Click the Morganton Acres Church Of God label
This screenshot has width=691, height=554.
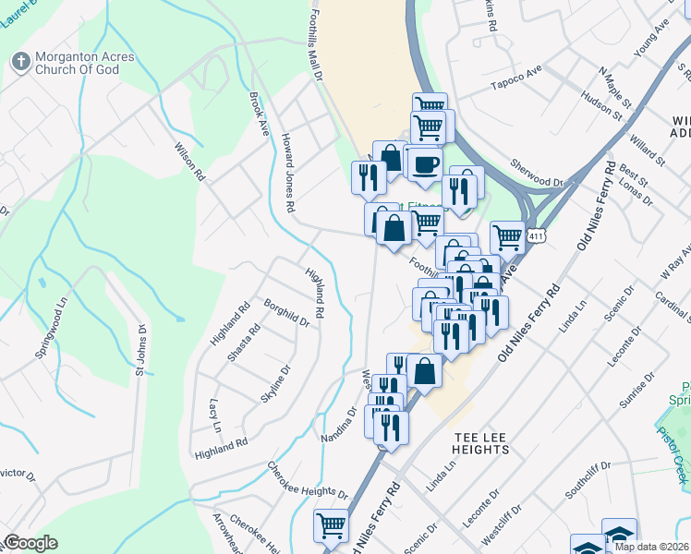(x=84, y=63)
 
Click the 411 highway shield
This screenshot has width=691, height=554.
(x=538, y=236)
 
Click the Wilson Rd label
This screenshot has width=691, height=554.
(x=188, y=161)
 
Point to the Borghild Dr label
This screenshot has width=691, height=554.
(x=286, y=313)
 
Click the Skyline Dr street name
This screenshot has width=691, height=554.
(x=276, y=383)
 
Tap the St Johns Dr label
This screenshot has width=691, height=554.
(x=141, y=351)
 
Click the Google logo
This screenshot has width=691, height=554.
(x=31, y=543)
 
